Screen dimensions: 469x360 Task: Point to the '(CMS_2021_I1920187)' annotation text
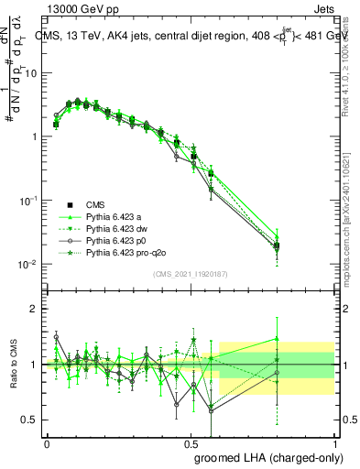point(191,273)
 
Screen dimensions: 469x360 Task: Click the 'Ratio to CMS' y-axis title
point(12,365)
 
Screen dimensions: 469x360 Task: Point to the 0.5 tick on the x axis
point(190,442)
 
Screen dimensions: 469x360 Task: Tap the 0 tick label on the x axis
point(47,442)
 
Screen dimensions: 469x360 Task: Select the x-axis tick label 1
point(333,442)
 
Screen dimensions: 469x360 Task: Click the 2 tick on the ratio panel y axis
point(36,309)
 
